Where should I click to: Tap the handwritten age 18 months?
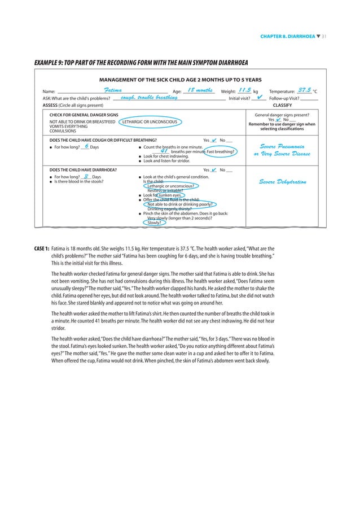click(199, 90)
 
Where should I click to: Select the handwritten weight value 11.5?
click(244, 90)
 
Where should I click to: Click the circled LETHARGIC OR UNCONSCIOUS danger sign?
click(150, 121)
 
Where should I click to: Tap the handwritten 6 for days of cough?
click(85, 147)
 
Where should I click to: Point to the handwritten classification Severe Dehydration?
click(283, 182)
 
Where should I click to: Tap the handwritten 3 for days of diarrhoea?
click(85, 176)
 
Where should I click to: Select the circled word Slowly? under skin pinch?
click(153, 223)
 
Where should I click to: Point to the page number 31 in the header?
click(324, 37)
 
